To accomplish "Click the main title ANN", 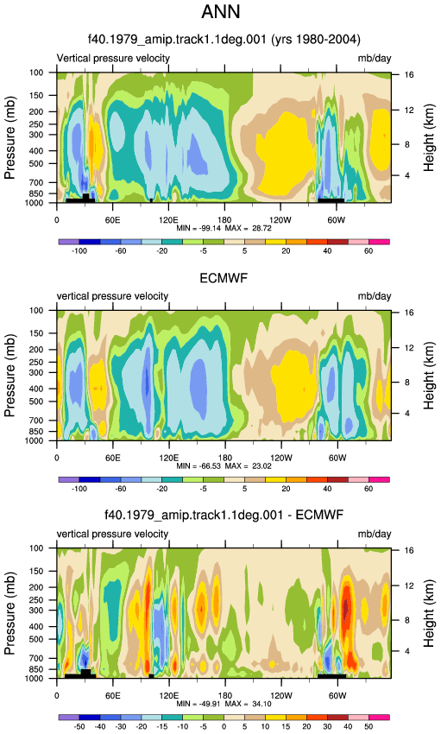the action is (x=221, y=12).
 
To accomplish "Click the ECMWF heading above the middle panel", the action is (x=224, y=279).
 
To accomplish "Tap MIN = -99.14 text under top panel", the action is (x=198, y=229).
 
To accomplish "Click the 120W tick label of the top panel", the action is (x=280, y=220).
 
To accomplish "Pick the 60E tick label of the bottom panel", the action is (x=113, y=696).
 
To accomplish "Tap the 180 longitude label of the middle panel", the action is (x=225, y=458).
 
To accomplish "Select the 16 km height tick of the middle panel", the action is (x=409, y=313).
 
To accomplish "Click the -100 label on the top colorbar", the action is (x=79, y=251).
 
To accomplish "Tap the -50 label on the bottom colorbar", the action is (x=79, y=726).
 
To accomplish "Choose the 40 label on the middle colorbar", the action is (x=327, y=489).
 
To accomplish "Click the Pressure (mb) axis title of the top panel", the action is (x=10, y=137).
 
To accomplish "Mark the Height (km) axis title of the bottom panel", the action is (x=429, y=614).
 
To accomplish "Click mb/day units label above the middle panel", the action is (x=375, y=296).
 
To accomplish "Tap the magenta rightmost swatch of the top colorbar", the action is (x=379, y=242).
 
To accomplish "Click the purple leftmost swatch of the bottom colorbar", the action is (x=69, y=718).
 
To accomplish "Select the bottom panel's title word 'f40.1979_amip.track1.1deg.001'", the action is (x=193, y=516).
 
